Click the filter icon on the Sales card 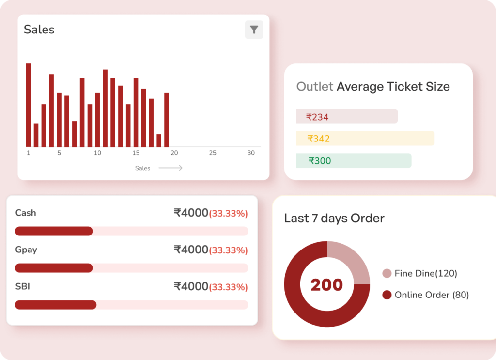(x=254, y=30)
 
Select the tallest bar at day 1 (x=28, y=105)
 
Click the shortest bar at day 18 (x=159, y=140)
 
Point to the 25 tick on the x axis (x=213, y=153)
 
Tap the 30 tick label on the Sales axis (x=251, y=153)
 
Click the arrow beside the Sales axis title (x=170, y=168)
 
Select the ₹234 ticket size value (x=317, y=117)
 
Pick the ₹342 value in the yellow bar (x=318, y=139)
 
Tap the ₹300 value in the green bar (x=320, y=161)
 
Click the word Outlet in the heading (x=315, y=87)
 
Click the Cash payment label (x=26, y=213)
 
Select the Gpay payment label (x=26, y=250)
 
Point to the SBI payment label (x=23, y=287)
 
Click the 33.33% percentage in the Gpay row (x=228, y=250)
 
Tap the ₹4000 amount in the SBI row (x=191, y=287)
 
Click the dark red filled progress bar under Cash (x=54, y=231)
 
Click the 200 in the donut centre (x=327, y=285)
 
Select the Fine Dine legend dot (x=387, y=274)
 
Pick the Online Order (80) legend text (x=432, y=295)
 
